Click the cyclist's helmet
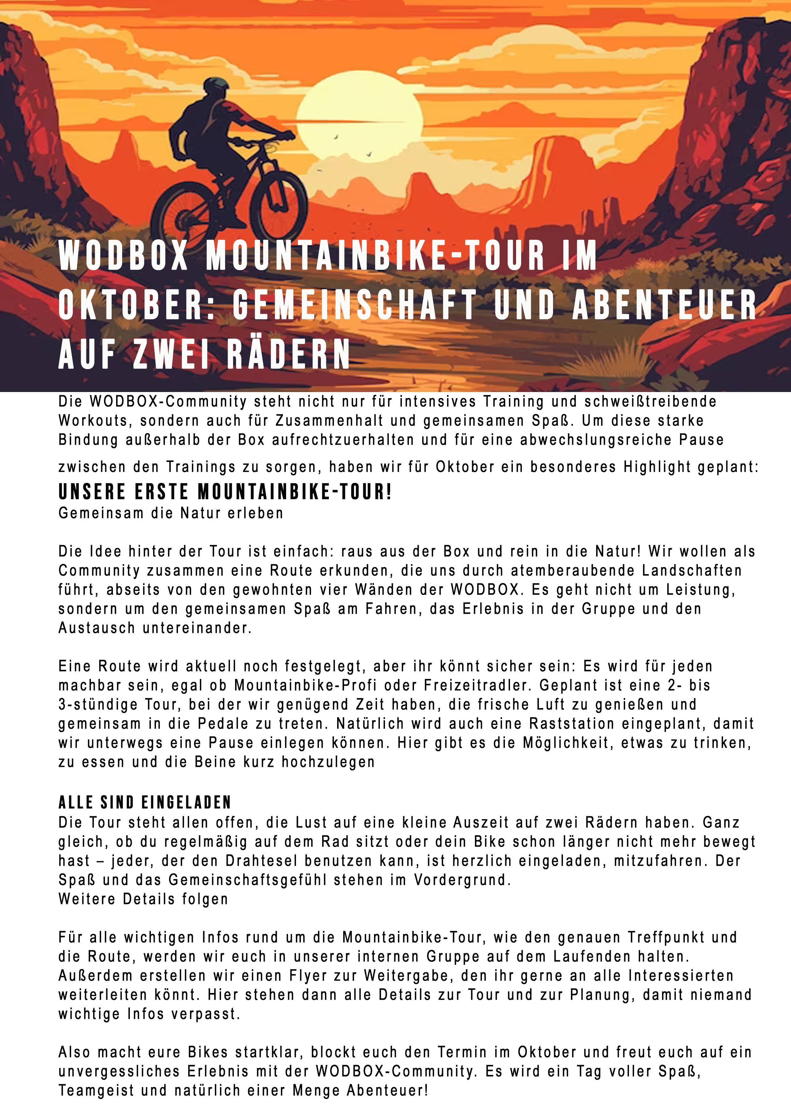(216, 88)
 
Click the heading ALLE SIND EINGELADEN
(145, 803)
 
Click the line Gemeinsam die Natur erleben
(171, 513)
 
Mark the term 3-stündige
(97, 705)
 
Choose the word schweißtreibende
(650, 402)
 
